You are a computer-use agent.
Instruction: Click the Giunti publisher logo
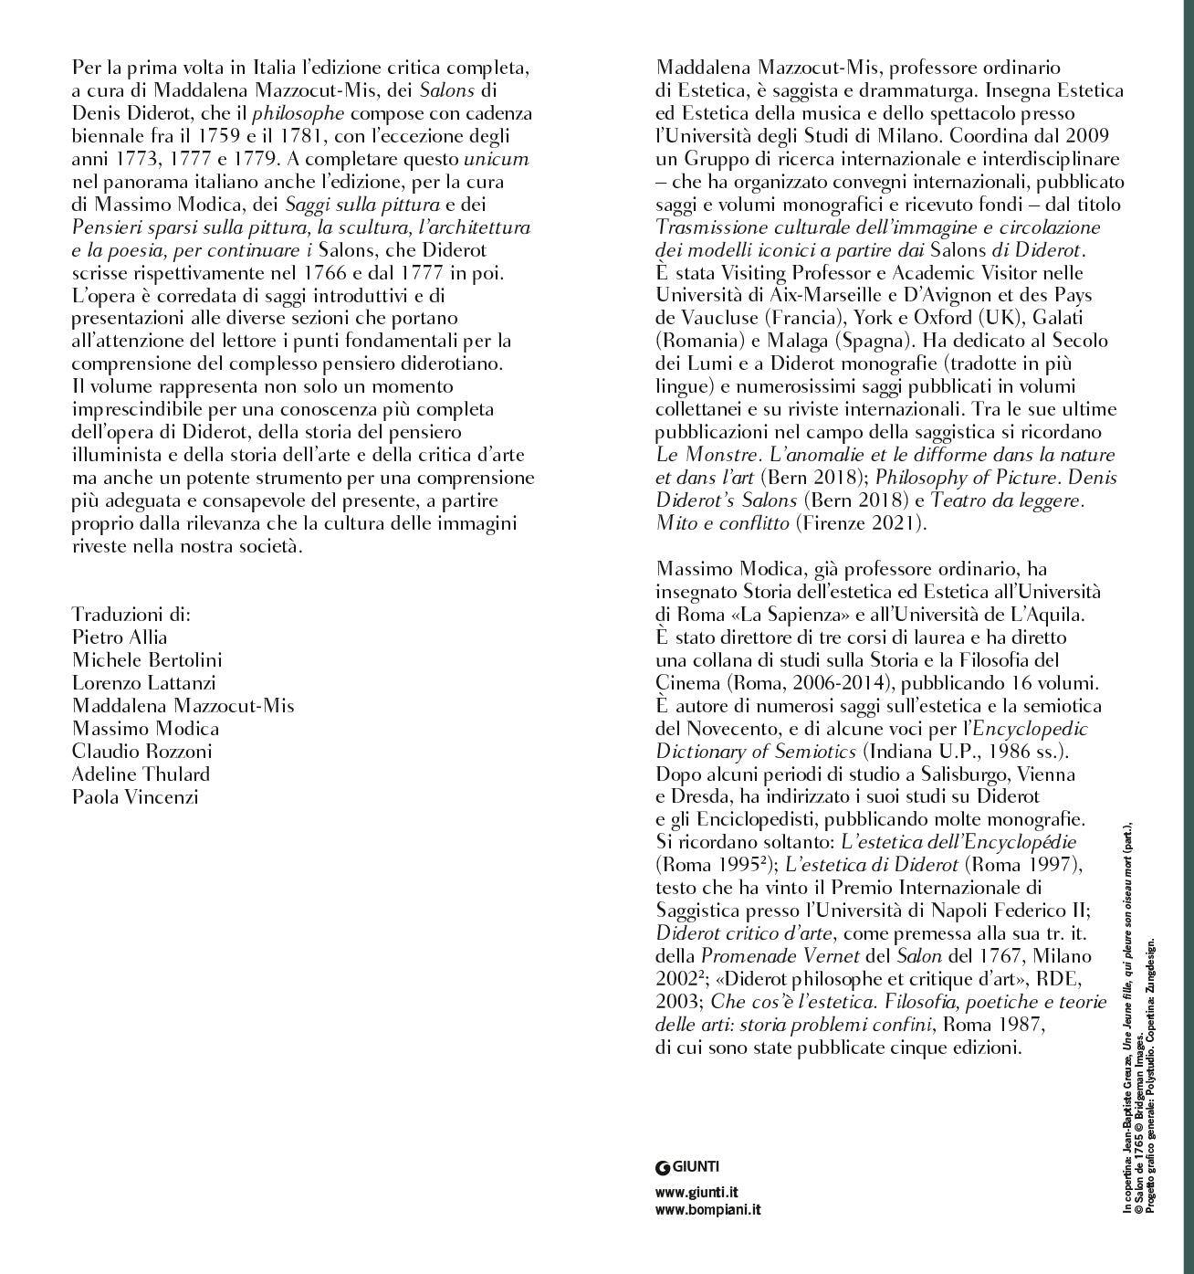click(x=687, y=1165)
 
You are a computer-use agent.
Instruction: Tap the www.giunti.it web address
click(x=696, y=1192)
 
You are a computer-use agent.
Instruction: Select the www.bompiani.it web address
click(x=708, y=1209)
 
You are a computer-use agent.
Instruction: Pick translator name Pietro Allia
click(x=120, y=637)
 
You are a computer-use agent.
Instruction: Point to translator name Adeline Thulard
click(x=141, y=774)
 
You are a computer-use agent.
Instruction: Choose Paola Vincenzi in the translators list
click(x=134, y=796)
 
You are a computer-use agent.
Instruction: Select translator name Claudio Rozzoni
click(x=141, y=751)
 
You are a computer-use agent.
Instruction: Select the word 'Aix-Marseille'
click(x=807, y=294)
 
